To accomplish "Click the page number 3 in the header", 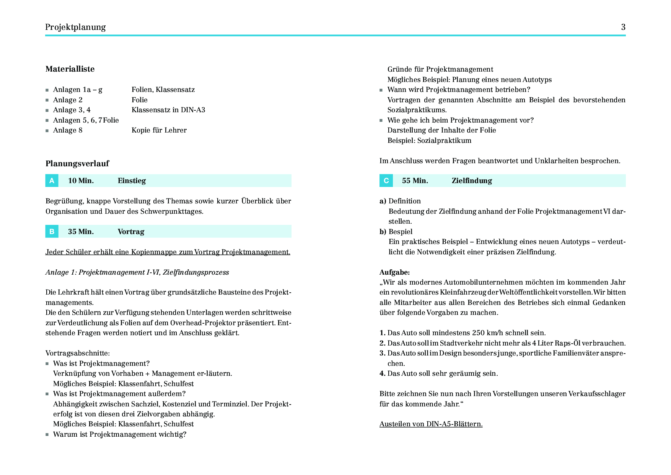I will pyautogui.click(x=623, y=27).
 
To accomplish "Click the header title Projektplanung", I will pyautogui.click(x=75, y=27).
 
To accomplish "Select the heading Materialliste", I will pyautogui.click(x=70, y=69).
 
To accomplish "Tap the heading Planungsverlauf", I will pyautogui.click(x=77, y=164).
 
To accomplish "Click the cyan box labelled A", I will pyautogui.click(x=52, y=181).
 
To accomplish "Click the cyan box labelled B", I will pyautogui.click(x=52, y=231).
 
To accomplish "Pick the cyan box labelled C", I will pyautogui.click(x=386, y=181).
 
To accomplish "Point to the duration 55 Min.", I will pyautogui.click(x=415, y=181).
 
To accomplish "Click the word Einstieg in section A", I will pyautogui.click(x=132, y=181).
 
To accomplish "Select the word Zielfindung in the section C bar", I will pyautogui.click(x=472, y=181).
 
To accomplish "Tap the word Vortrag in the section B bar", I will pyautogui.click(x=131, y=232).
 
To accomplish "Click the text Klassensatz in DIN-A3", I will pyautogui.click(x=168, y=110).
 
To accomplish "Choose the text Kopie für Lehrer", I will pyautogui.click(x=159, y=130).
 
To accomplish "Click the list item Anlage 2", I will pyautogui.click(x=68, y=100).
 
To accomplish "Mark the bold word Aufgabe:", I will pyautogui.click(x=394, y=272).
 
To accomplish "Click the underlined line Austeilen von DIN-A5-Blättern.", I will pyautogui.click(x=431, y=424).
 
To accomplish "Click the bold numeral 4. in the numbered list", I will pyautogui.click(x=382, y=373).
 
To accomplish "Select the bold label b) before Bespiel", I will pyautogui.click(x=383, y=232).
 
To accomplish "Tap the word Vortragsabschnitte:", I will pyautogui.click(x=78, y=353).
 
